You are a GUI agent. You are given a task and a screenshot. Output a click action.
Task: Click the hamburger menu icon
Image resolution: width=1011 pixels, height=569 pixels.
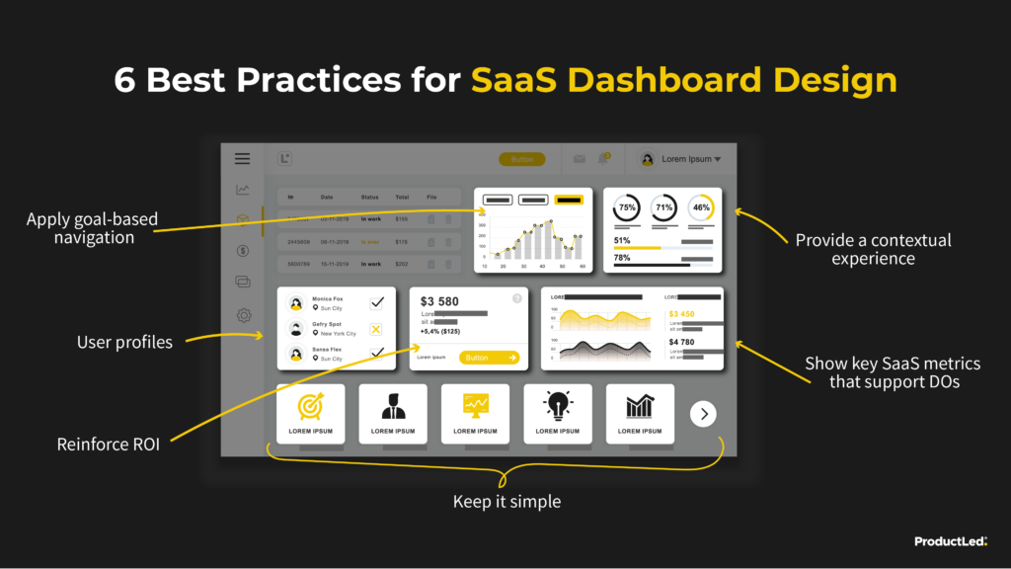pyautogui.click(x=242, y=158)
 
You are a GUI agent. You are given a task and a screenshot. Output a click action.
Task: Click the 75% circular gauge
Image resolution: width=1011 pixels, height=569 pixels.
pyautogui.click(x=627, y=208)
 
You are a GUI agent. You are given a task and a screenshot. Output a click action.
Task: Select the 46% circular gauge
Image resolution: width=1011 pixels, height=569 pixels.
pyautogui.click(x=700, y=208)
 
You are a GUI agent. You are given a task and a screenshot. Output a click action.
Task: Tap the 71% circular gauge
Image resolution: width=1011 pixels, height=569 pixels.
pyautogui.click(x=663, y=208)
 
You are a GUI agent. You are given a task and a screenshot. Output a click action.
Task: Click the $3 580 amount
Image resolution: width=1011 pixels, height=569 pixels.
pyautogui.click(x=439, y=301)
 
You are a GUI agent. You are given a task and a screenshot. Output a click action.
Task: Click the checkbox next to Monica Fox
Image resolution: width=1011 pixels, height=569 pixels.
pyautogui.click(x=376, y=303)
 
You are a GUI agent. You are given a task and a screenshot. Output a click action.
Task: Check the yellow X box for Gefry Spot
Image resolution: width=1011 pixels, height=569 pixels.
pyautogui.click(x=376, y=329)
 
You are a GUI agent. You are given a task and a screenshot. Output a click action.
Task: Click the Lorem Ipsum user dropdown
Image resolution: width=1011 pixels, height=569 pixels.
pyautogui.click(x=680, y=159)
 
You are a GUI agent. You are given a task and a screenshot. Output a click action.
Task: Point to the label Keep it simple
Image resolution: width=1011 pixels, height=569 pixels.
pyautogui.click(x=506, y=502)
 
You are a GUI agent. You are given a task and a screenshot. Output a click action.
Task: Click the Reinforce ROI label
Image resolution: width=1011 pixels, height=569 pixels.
pyautogui.click(x=109, y=445)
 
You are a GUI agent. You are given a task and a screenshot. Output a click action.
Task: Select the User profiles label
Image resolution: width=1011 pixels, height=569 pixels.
pyautogui.click(x=124, y=343)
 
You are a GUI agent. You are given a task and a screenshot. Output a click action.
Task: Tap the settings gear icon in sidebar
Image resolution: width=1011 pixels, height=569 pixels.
pyautogui.click(x=243, y=316)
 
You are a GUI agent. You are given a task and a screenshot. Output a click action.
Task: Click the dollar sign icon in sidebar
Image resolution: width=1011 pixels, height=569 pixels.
pyautogui.click(x=243, y=251)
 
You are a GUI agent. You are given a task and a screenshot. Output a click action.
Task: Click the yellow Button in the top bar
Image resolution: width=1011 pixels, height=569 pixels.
pyautogui.click(x=521, y=159)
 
